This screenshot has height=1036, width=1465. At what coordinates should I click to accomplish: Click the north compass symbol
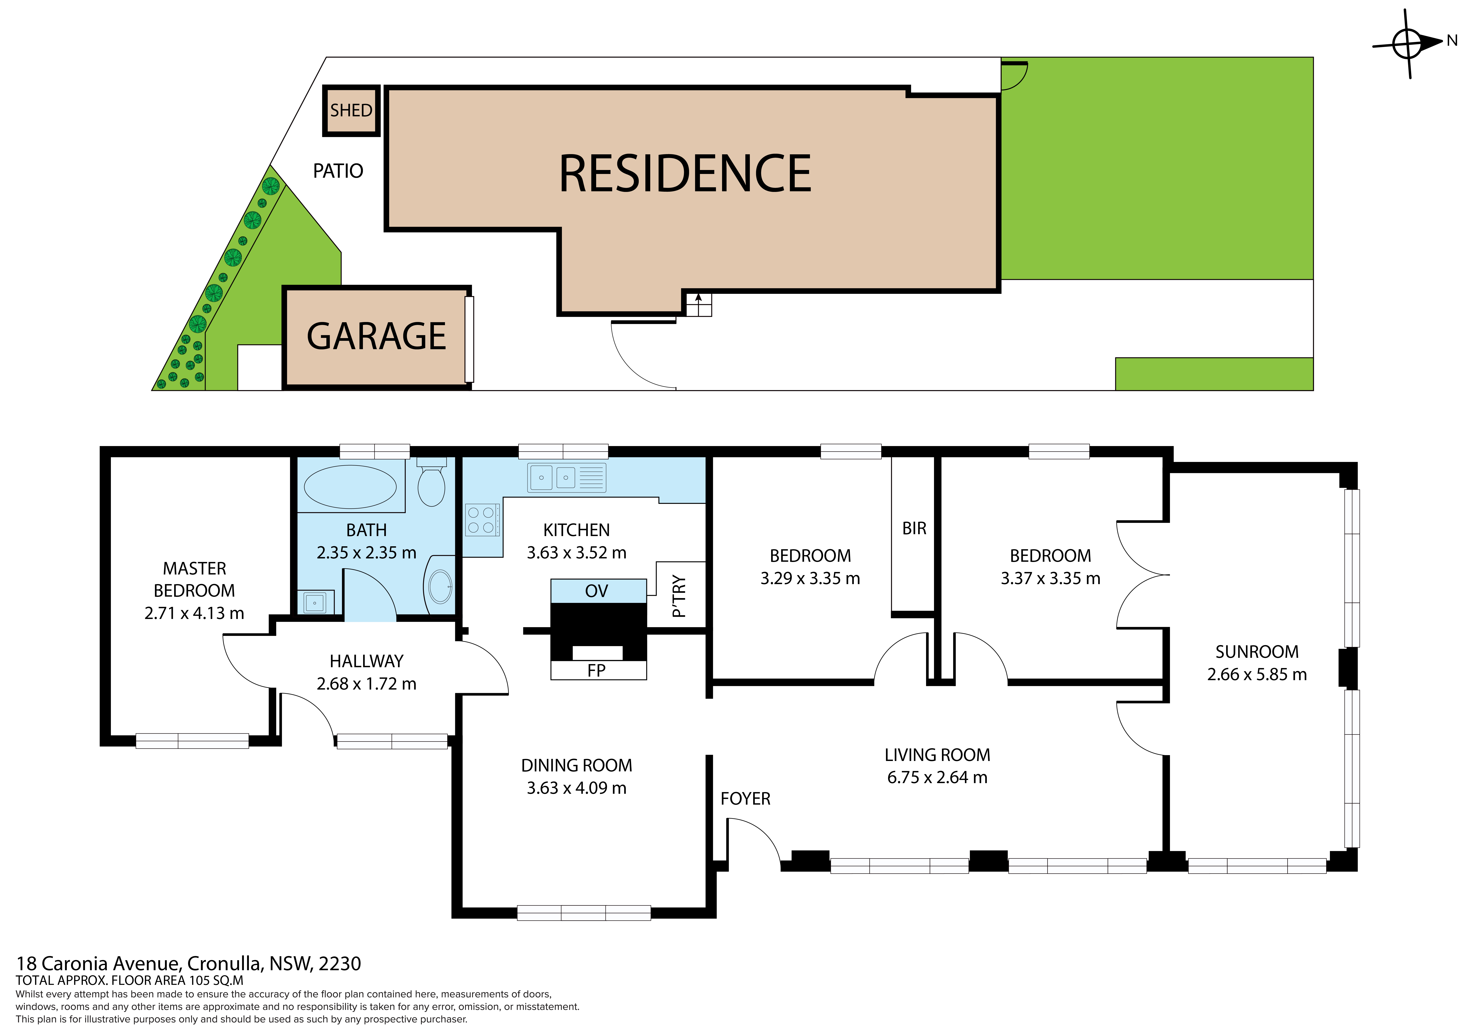[1409, 43]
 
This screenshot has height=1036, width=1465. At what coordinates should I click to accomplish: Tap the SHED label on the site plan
[351, 110]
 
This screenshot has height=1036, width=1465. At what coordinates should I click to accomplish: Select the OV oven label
[597, 591]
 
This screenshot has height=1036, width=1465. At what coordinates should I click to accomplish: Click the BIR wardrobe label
[914, 529]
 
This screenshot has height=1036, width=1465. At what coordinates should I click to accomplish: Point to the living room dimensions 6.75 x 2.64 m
[937, 777]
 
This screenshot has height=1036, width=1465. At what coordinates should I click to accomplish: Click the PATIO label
[338, 171]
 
